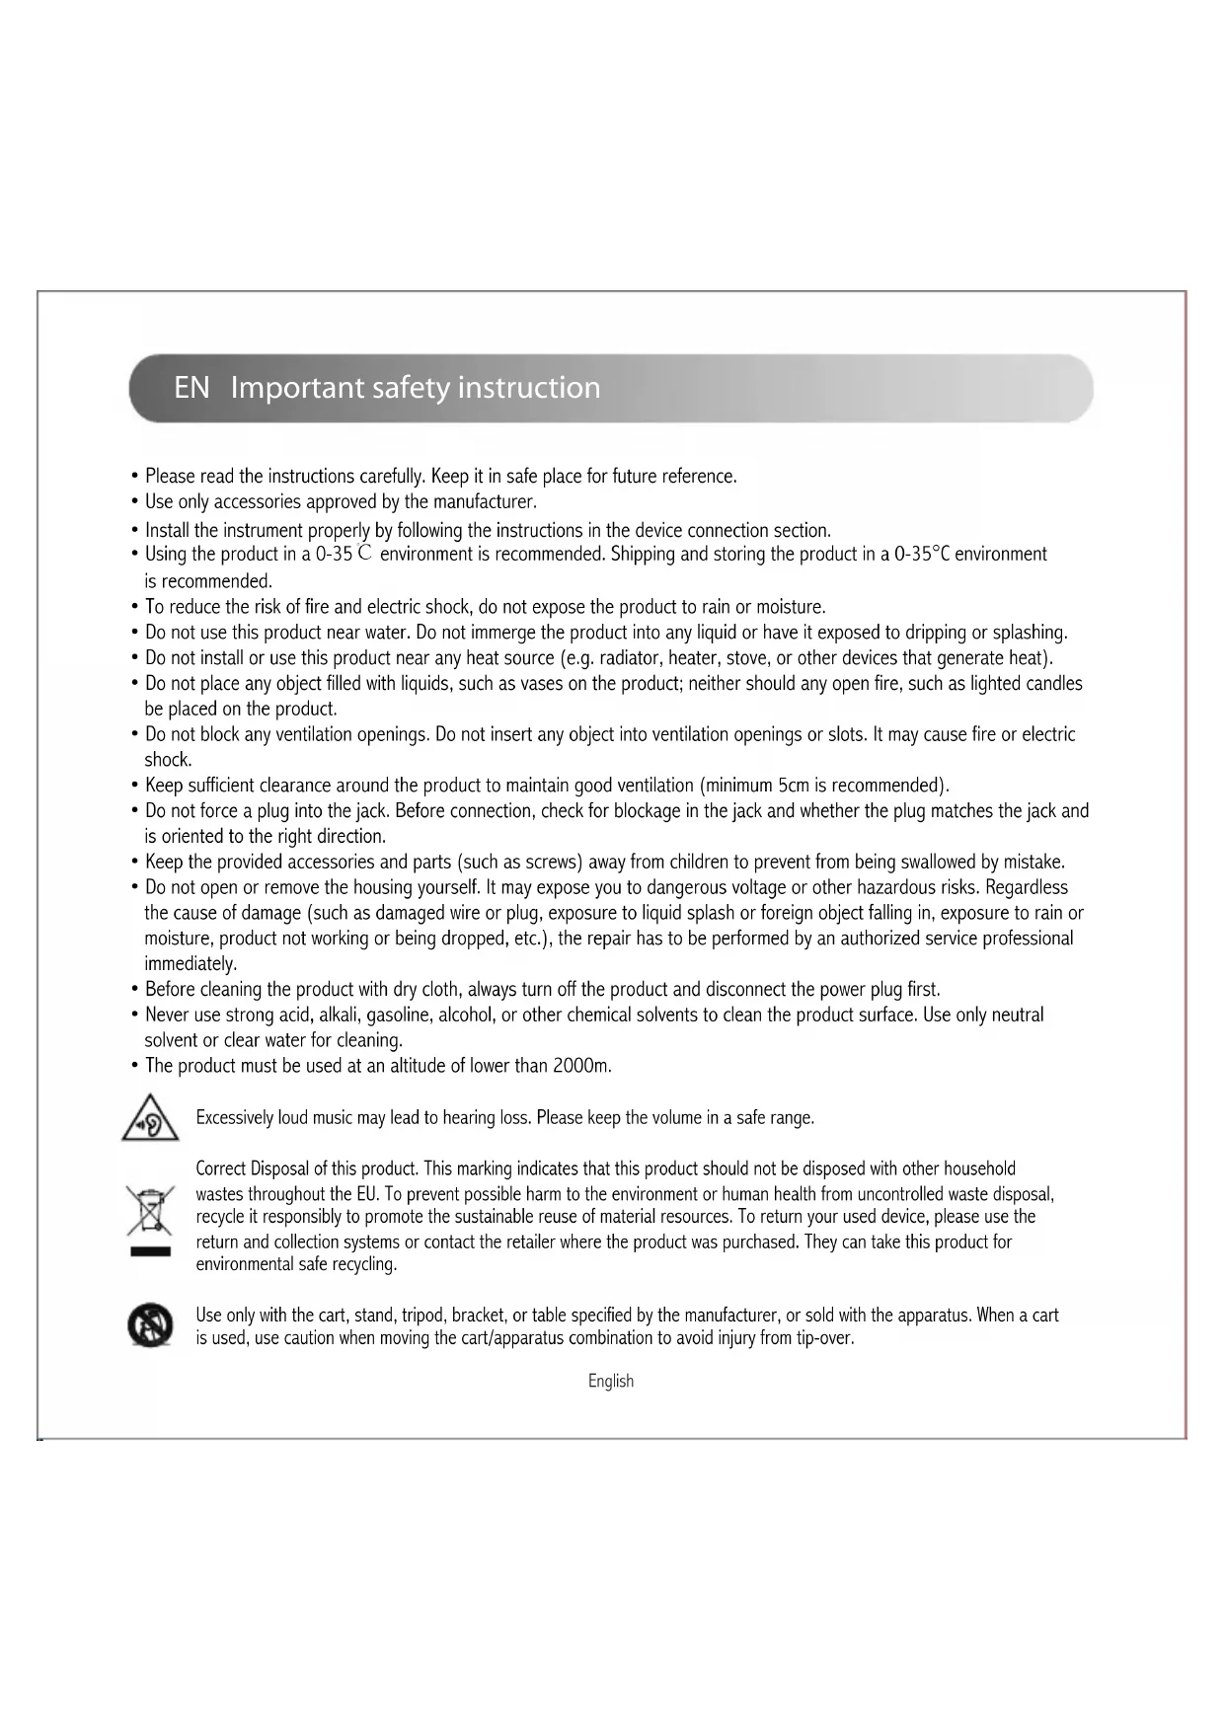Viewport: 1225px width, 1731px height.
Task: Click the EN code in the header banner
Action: [x=191, y=388]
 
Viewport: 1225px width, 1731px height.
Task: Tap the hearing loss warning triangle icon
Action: [x=149, y=1118]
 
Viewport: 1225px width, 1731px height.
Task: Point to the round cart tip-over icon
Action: [x=150, y=1325]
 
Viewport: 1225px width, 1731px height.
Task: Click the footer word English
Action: [x=611, y=1382]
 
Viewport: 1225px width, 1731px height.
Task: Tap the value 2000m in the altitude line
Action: [x=581, y=1066]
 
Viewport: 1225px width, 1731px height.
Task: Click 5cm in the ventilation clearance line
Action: [x=794, y=786]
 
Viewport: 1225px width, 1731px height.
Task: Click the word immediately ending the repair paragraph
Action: [x=191, y=964]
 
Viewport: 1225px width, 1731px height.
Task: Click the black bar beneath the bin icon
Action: [x=149, y=1252]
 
